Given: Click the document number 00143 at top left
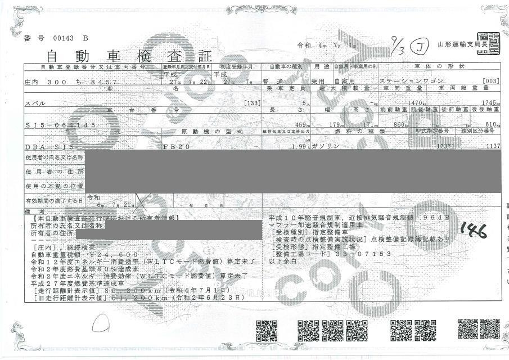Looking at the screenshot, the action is click(x=60, y=38).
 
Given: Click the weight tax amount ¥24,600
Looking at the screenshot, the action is click(x=107, y=254).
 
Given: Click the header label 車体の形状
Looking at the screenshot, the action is click(x=447, y=66).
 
